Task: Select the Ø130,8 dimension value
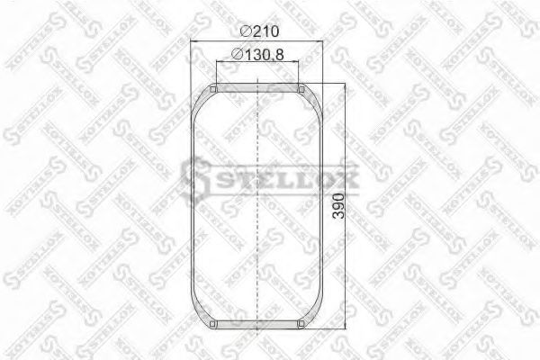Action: pyautogui.click(x=262, y=56)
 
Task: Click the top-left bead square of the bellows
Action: pyautogui.click(x=213, y=88)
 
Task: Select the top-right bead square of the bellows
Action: pyautogui.click(x=302, y=88)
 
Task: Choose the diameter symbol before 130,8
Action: pyautogui.click(x=236, y=56)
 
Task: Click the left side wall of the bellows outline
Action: pyautogui.click(x=194, y=207)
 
